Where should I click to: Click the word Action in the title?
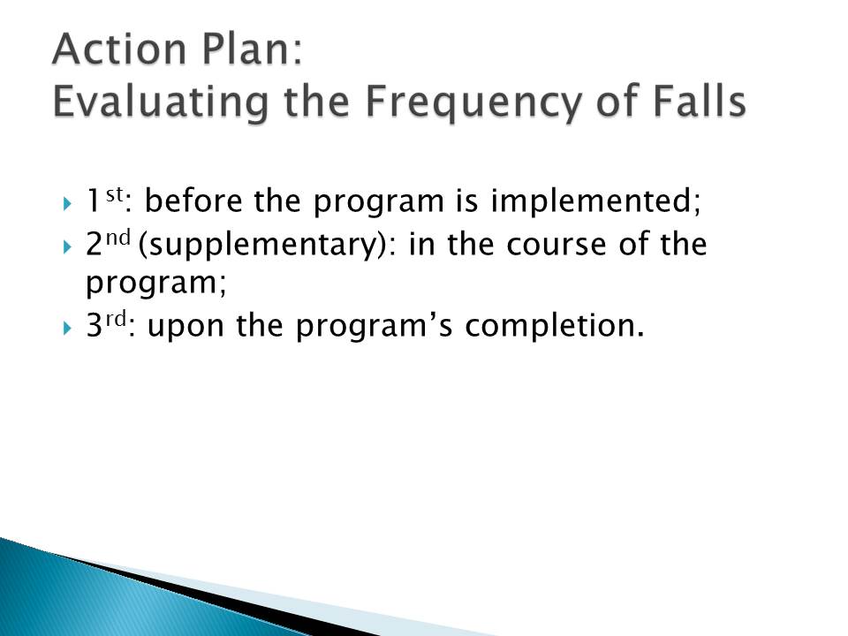click(x=119, y=49)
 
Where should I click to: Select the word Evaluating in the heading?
click(x=161, y=102)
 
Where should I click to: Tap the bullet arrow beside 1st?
click(x=67, y=204)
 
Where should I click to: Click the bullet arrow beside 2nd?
click(x=67, y=247)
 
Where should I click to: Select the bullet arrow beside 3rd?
click(x=67, y=329)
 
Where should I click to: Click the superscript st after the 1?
click(x=114, y=194)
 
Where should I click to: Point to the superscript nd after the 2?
click(x=117, y=237)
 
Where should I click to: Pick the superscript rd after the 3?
click(x=116, y=319)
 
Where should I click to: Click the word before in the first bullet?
click(x=193, y=201)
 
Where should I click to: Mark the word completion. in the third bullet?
click(x=555, y=326)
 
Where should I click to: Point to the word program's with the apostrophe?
click(x=373, y=327)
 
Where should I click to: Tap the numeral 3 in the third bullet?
click(x=95, y=326)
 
